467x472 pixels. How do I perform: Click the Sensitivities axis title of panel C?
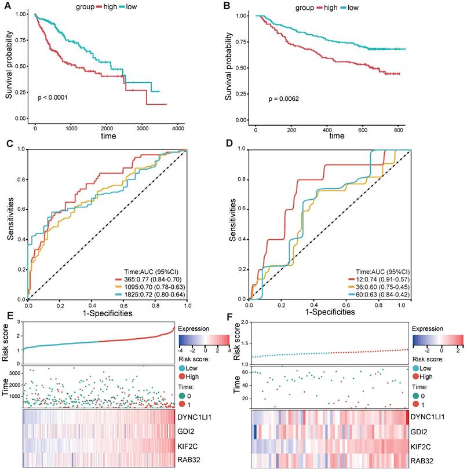10,224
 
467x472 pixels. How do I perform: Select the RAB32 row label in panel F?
424,461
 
